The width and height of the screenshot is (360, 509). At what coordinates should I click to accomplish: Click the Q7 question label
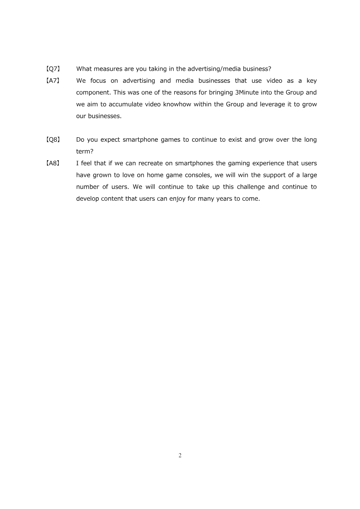tap(54, 69)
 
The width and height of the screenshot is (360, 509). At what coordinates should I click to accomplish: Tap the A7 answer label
tap(54, 81)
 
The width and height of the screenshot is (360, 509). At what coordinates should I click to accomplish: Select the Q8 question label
tap(54, 140)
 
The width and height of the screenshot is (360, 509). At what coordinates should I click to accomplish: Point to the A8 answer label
tap(54, 163)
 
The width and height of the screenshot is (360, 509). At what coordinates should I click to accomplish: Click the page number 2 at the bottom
tap(180, 455)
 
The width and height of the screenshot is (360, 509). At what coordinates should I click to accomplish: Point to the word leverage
tap(263, 104)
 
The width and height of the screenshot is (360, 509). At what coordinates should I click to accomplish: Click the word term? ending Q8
tap(85, 151)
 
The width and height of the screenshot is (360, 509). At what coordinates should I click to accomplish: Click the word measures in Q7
tap(110, 69)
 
